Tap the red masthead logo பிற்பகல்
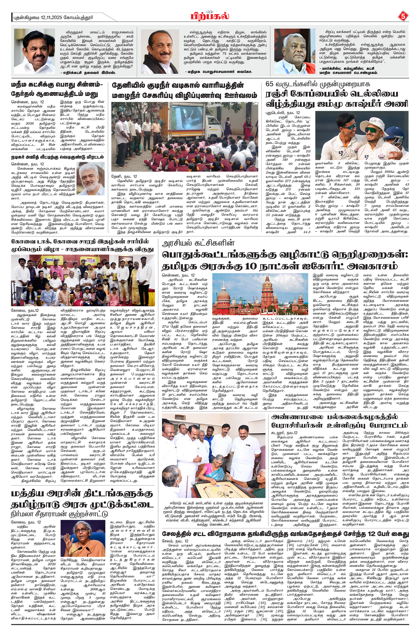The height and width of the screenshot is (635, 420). click(x=210, y=16)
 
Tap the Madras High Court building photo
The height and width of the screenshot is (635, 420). click(x=260, y=294)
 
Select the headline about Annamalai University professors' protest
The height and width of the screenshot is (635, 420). click(x=339, y=421)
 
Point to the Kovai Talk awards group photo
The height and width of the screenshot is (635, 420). click(x=83, y=280)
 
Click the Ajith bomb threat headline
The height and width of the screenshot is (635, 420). click(x=57, y=157)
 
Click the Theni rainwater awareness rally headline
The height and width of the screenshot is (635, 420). click(x=185, y=90)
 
